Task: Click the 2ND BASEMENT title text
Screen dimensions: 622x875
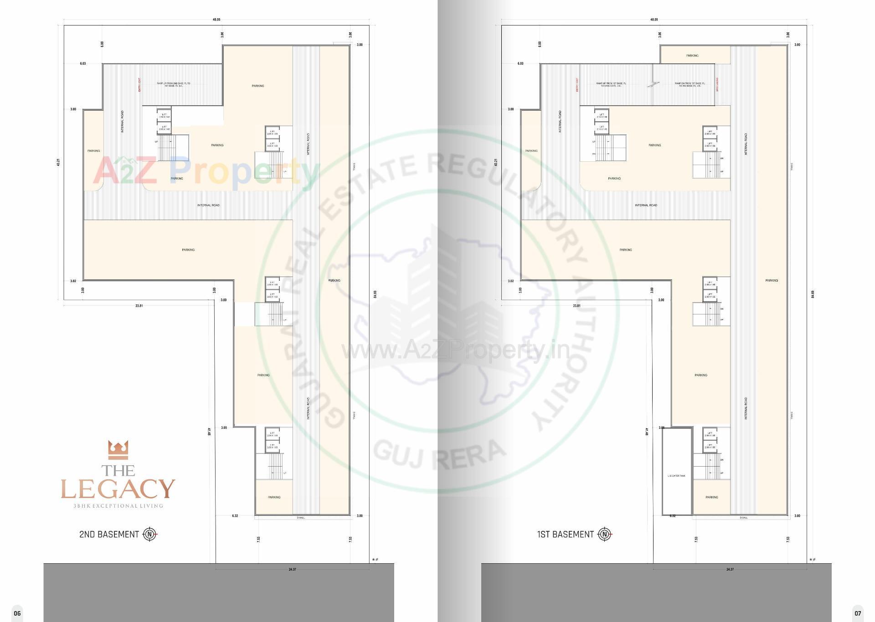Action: [x=108, y=535]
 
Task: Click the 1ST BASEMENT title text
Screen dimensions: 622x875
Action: [x=565, y=535]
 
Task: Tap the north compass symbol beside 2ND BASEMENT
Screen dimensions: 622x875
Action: [x=150, y=534]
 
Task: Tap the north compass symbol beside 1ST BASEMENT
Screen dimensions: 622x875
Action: [x=605, y=534]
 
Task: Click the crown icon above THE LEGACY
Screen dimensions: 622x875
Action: [x=118, y=450]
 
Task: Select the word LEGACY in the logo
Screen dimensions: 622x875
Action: [x=118, y=489]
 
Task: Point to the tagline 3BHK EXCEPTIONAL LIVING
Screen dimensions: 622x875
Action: [x=118, y=506]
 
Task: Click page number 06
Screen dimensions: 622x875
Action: [x=17, y=613]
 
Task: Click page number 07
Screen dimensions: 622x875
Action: [x=858, y=613]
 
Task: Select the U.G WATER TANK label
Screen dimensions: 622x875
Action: [x=676, y=476]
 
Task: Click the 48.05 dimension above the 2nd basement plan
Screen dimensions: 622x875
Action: [x=216, y=20]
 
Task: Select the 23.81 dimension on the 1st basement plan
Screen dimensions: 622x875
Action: [x=576, y=306]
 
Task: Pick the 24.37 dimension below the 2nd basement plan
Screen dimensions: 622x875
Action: [x=292, y=570]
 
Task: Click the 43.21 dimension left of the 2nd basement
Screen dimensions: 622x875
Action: [x=58, y=162]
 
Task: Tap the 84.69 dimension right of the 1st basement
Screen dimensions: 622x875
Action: [x=813, y=294]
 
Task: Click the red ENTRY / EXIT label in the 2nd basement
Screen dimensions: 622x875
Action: [x=139, y=85]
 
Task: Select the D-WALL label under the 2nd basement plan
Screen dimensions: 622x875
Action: [x=301, y=518]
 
